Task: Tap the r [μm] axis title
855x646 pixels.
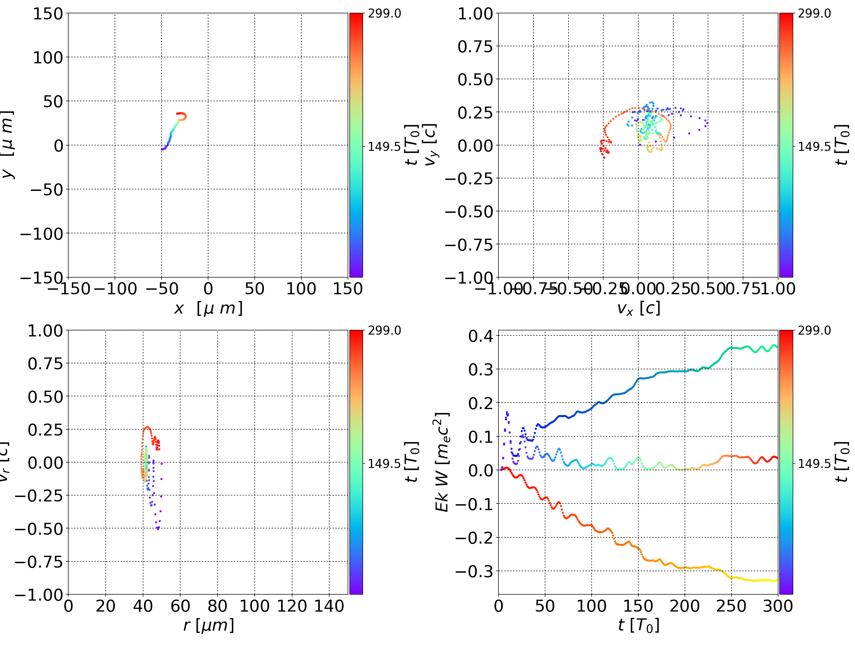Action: pos(208,626)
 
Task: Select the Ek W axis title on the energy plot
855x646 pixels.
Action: pos(442,462)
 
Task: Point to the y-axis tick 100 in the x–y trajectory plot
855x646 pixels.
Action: pos(47,58)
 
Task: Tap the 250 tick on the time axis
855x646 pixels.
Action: pos(731,606)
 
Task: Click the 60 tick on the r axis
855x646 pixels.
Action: pos(180,606)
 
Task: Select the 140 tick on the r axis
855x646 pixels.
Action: pos(329,606)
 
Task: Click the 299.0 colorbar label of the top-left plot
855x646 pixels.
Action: pos(384,14)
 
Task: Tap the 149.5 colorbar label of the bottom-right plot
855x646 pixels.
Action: pos(814,463)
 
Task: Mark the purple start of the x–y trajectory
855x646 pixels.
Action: pos(163,149)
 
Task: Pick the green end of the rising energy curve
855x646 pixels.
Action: pos(776,347)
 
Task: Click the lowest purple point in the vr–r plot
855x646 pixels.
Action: pos(158,529)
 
